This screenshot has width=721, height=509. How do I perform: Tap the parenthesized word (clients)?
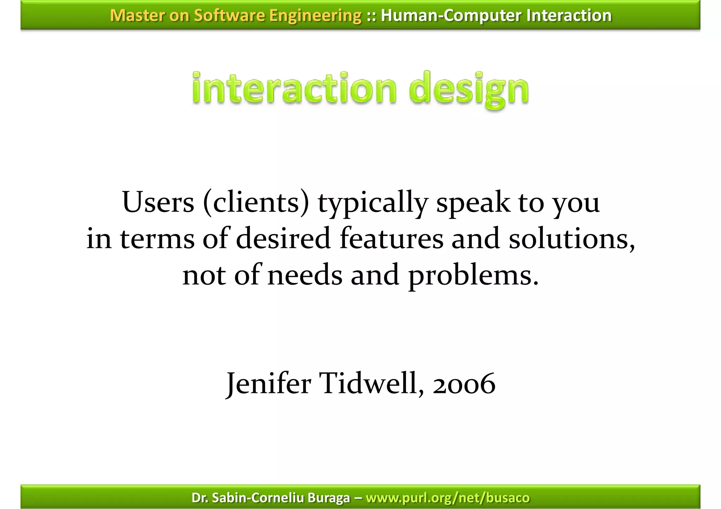tap(256, 203)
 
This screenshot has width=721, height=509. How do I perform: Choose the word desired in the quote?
tap(283, 238)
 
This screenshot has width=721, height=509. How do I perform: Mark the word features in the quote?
tap(391, 238)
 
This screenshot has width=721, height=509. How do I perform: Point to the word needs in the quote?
tap(305, 275)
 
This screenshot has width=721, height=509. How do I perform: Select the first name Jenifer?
tap(269, 383)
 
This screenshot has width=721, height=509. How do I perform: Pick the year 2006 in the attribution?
tap(464, 384)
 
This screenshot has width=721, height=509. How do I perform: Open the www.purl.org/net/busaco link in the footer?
tap(447, 498)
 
